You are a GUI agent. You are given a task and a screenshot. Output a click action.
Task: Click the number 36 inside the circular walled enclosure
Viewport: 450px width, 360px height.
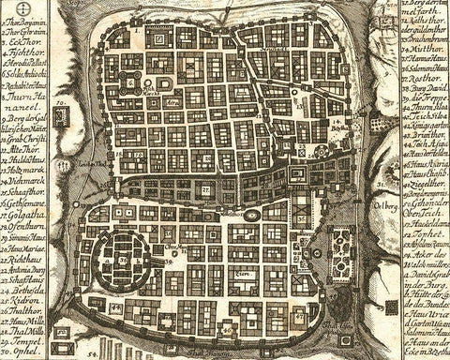point(123,258)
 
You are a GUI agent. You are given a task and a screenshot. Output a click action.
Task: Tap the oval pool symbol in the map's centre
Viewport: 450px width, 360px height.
point(251,216)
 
